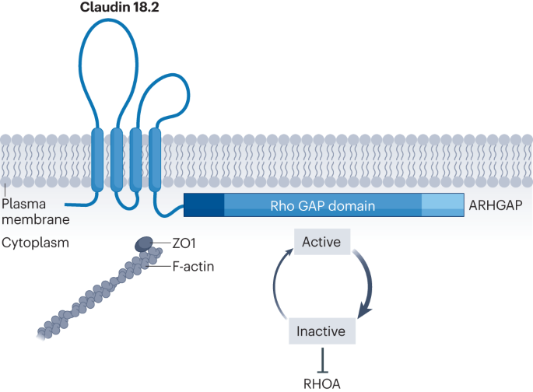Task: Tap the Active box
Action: coord(321,242)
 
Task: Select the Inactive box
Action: coord(321,331)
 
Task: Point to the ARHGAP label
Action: coord(497,206)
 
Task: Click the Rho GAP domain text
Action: coord(322,206)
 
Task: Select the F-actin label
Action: coord(194,267)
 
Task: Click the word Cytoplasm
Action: coord(34,242)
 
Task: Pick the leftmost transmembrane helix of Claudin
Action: coord(97,159)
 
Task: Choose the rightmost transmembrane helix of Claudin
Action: coord(154,159)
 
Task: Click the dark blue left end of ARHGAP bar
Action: coord(204,206)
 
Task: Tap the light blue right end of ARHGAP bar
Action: coord(443,206)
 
